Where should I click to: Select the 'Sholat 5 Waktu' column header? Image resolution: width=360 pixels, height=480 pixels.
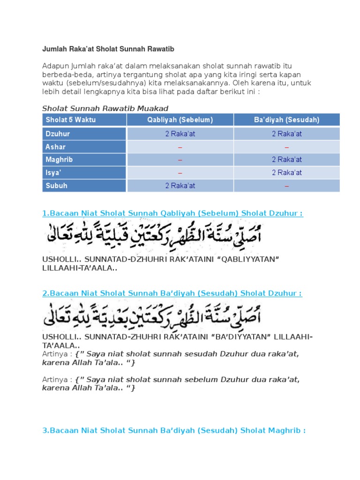click(x=71, y=120)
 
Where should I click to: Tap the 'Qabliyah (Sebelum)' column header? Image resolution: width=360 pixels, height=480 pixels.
click(x=180, y=120)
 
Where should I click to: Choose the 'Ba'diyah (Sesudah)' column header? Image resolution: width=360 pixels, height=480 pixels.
click(x=287, y=120)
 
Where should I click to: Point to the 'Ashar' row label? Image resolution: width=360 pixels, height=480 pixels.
click(x=55, y=147)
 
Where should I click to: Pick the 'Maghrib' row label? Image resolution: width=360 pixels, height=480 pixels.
click(x=59, y=160)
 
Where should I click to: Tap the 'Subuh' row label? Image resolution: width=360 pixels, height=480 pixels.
click(x=56, y=186)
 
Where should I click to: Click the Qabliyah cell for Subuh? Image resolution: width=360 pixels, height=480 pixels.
click(x=180, y=186)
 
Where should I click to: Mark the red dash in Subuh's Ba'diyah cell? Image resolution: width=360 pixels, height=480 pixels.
click(x=287, y=186)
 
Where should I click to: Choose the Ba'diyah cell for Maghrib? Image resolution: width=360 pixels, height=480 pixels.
click(x=287, y=160)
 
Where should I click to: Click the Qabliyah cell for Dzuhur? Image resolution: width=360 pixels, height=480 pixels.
click(x=180, y=134)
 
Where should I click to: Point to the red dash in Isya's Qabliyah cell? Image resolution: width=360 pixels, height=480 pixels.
click(x=180, y=173)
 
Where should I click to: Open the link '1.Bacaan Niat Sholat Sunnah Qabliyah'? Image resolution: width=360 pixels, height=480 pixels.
click(x=172, y=214)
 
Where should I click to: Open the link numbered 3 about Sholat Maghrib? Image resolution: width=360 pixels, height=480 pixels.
click(x=174, y=430)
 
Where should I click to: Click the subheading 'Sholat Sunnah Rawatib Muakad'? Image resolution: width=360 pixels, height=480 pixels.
click(x=105, y=108)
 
